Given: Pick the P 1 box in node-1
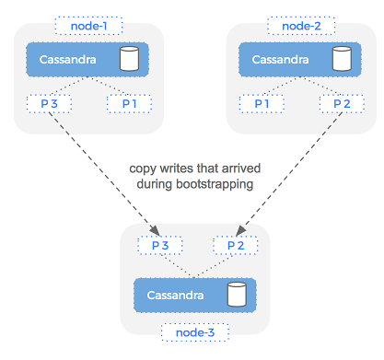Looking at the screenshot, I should (129, 103).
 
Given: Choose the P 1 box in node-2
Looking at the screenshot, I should (262, 103).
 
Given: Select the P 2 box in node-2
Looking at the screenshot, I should (341, 103).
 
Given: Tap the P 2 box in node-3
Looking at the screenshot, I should (234, 246).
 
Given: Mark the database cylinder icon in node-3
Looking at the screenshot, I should (238, 295).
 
